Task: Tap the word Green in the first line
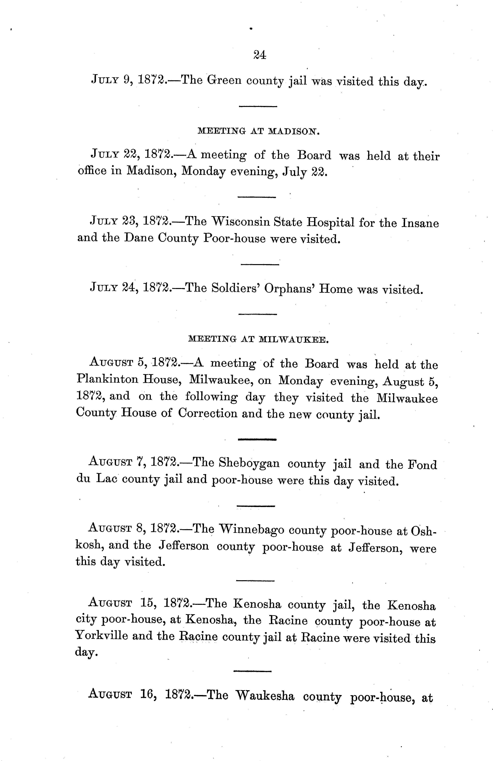tap(224, 80)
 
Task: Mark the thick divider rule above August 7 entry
tap(257, 440)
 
